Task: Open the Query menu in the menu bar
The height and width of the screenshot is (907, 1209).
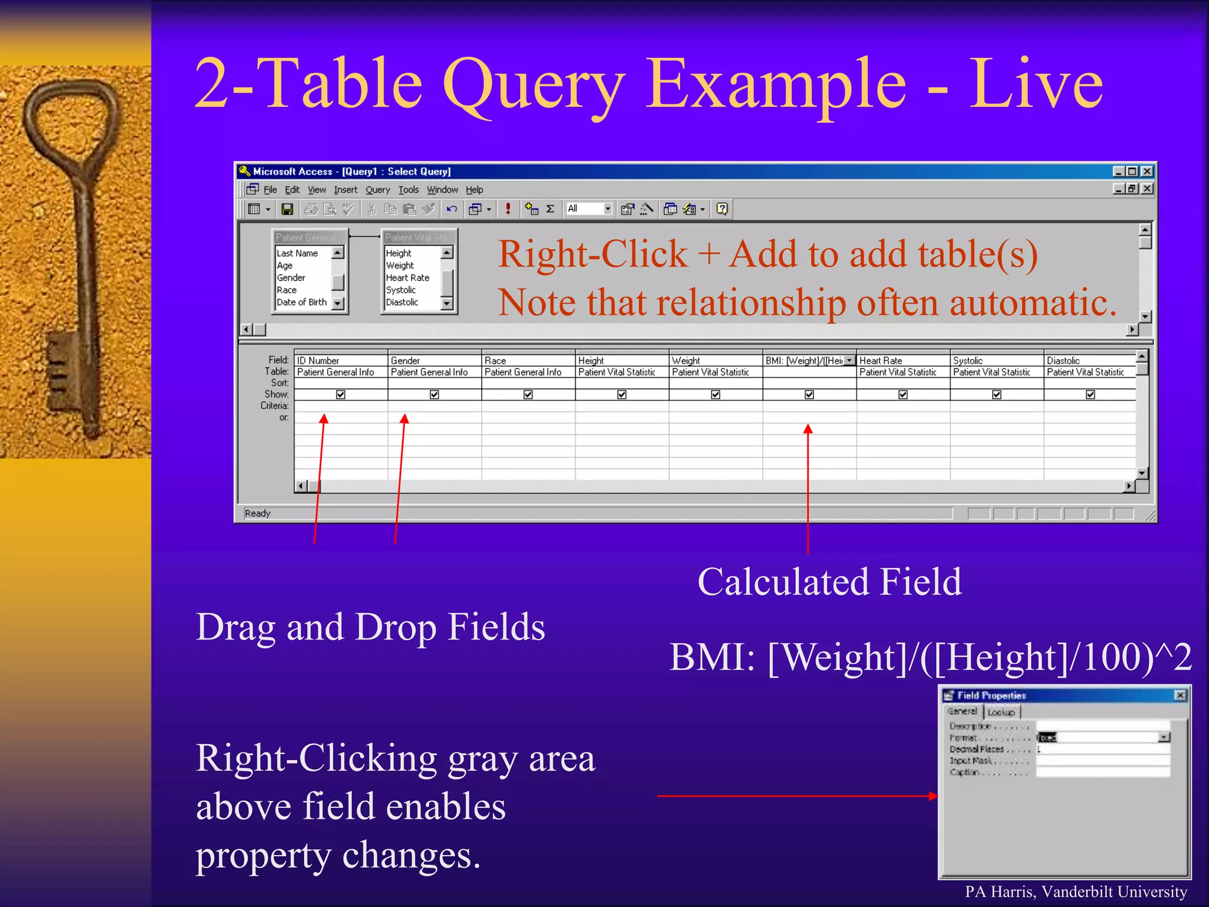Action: click(x=377, y=190)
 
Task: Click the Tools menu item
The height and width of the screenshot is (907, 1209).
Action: click(x=408, y=190)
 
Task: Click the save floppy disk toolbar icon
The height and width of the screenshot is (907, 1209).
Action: click(x=287, y=209)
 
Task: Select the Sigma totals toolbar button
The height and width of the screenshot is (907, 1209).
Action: click(x=550, y=209)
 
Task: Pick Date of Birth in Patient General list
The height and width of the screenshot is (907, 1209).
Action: click(x=302, y=302)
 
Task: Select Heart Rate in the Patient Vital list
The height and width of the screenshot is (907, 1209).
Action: click(x=407, y=278)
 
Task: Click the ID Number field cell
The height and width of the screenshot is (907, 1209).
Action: click(x=339, y=360)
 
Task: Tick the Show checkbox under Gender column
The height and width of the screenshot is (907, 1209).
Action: click(x=434, y=394)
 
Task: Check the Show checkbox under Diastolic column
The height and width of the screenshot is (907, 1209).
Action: click(x=1090, y=394)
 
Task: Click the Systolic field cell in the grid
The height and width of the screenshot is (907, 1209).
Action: click(x=995, y=360)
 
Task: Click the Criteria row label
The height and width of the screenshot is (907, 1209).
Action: click(x=275, y=406)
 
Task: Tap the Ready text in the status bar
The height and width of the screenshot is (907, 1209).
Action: click(x=257, y=513)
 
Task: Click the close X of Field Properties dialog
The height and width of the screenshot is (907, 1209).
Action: click(x=1179, y=695)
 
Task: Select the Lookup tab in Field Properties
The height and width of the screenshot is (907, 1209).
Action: click(x=1001, y=712)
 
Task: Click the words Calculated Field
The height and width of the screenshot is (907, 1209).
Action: click(x=829, y=582)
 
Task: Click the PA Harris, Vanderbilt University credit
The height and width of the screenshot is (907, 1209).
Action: click(x=1076, y=892)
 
